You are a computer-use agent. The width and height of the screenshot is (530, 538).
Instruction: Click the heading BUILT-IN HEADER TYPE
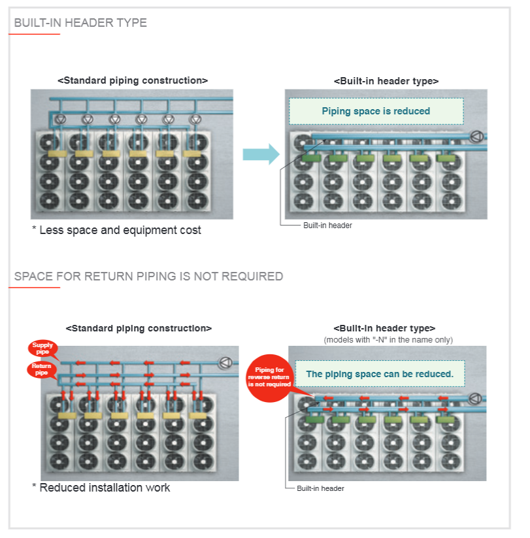[80, 23]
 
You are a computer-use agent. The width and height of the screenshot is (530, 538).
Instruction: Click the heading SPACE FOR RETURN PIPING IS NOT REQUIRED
[148, 276]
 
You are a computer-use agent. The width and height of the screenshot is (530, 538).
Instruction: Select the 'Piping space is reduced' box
[376, 111]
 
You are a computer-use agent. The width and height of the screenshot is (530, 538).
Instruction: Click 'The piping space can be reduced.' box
[380, 374]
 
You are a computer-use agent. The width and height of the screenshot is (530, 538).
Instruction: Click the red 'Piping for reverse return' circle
[268, 377]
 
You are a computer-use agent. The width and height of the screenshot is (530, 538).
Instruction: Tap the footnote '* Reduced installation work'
[101, 487]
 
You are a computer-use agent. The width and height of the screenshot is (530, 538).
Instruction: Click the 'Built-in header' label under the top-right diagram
[327, 226]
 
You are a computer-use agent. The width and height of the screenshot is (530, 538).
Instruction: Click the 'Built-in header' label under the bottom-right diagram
[320, 488]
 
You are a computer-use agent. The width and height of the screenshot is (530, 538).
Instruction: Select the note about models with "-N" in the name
[388, 339]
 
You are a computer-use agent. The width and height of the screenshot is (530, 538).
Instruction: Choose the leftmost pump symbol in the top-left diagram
[60, 120]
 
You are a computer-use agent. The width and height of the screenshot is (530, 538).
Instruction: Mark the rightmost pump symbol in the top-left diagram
[195, 120]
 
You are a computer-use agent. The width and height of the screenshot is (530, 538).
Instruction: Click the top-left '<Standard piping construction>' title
[133, 80]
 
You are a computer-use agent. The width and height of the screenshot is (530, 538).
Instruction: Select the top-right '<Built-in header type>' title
[386, 81]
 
